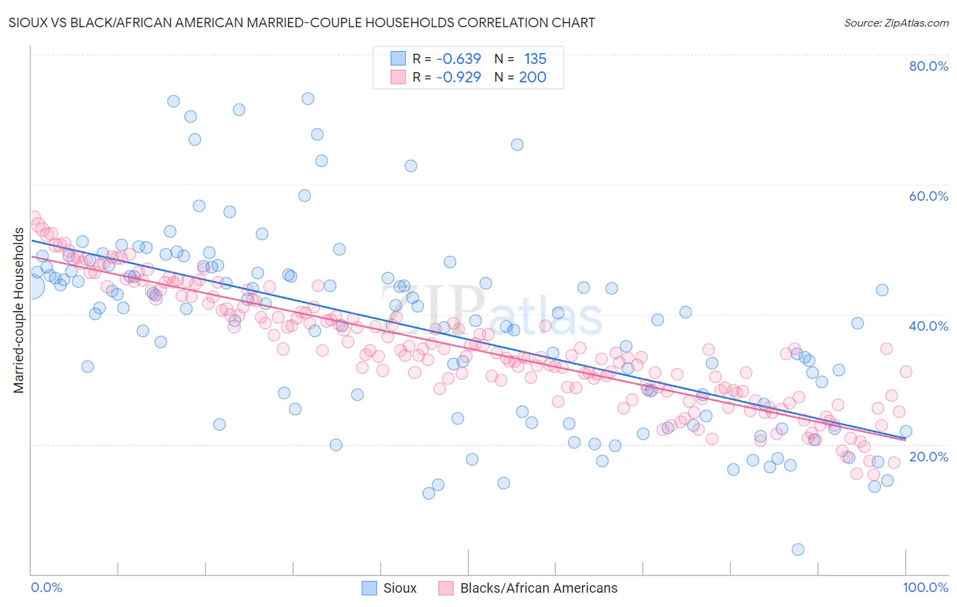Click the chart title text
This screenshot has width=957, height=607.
(x=302, y=22)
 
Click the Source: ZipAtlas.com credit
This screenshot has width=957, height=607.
(x=896, y=22)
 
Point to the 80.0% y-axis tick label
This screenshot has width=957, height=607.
(x=928, y=66)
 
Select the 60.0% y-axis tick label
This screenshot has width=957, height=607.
(x=928, y=196)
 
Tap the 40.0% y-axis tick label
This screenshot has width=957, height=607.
(x=928, y=326)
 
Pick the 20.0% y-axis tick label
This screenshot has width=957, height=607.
(x=928, y=457)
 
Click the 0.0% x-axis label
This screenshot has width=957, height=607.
(x=46, y=587)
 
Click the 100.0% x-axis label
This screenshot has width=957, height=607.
(x=925, y=587)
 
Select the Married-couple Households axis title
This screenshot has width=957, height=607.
(x=19, y=310)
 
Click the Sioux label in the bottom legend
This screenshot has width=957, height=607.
(x=400, y=588)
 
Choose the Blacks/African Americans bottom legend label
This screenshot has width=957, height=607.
(x=538, y=588)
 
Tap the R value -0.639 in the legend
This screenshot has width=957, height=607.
(x=459, y=59)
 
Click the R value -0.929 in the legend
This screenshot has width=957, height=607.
(x=459, y=77)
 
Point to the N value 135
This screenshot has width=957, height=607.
(x=535, y=59)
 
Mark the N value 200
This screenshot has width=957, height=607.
(x=532, y=77)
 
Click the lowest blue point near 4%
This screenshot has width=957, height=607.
(x=798, y=549)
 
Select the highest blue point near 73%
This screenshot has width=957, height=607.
(x=308, y=99)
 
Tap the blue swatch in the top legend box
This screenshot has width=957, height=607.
(x=398, y=59)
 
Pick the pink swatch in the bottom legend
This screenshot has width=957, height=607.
(x=445, y=588)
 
